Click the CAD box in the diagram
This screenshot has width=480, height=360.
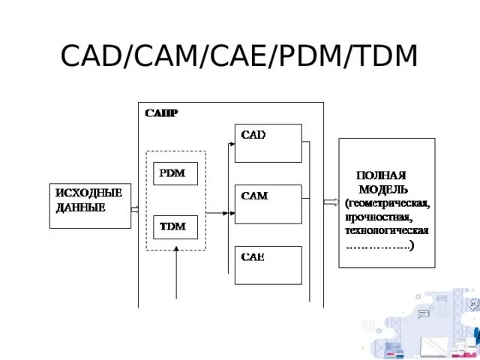pyautogui.click(x=268, y=142)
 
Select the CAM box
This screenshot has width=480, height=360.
pyautogui.click(x=268, y=203)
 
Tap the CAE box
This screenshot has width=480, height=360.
pyautogui.click(x=268, y=264)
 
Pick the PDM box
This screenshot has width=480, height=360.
pyautogui.click(x=175, y=173)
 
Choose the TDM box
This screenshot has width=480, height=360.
pyautogui.click(x=175, y=226)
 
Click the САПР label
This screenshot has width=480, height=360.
pyautogui.click(x=161, y=113)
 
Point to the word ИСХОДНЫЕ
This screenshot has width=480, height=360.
pyautogui.click(x=88, y=193)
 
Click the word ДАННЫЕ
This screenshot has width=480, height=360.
pyautogui.click(x=80, y=206)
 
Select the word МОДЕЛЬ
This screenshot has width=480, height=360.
pyautogui.click(x=383, y=188)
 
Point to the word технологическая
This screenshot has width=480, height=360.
pyautogui.click(x=386, y=230)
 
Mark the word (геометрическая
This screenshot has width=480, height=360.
pyautogui.click(x=387, y=202)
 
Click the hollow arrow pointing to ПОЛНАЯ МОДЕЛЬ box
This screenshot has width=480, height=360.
pyautogui.click(x=331, y=201)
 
